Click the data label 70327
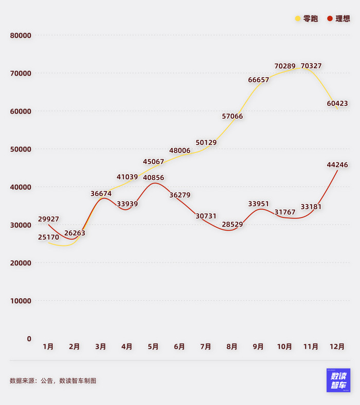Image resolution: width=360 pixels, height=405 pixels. pos(311,66)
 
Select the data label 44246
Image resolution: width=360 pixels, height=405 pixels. pos(337,165)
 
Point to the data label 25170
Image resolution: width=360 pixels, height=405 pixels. pos(48,237)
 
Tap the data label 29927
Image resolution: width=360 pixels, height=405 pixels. pos(48,219)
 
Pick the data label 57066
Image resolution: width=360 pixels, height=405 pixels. pos(232,117)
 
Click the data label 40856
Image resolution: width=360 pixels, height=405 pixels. pos(153,178)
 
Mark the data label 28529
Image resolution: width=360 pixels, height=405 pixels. pos(232,225)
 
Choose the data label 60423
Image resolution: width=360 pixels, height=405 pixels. pos(337,104)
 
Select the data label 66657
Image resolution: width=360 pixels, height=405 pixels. pos(259,80)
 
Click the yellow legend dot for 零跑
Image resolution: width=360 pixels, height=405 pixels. pos(298,19)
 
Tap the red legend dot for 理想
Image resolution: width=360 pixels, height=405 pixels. pos(330,19)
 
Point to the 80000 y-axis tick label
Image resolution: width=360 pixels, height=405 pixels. pos(21,35)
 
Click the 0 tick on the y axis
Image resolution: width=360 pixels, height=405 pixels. pos(29,339)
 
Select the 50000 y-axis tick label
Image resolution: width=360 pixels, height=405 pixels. pos(21,149)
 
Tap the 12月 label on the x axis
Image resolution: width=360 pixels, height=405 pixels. pos(337,347)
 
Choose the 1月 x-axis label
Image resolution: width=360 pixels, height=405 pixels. pos(48,347)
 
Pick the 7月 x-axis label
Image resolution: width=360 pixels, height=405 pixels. pos(206,347)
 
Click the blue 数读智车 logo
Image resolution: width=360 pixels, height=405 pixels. pos(338,380)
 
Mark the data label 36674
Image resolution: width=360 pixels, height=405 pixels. pos(101,194)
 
